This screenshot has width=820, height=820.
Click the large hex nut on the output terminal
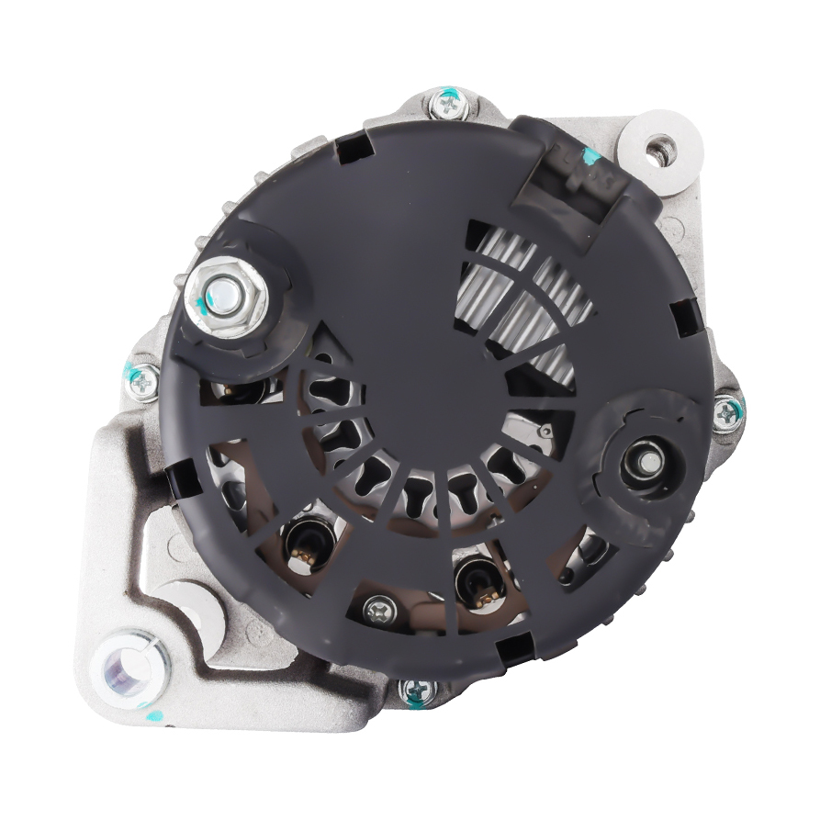[225, 295]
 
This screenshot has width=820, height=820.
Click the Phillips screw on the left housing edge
[143, 382]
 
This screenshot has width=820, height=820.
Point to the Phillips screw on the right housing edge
[727, 413]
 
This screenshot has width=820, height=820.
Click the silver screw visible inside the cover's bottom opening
[379, 609]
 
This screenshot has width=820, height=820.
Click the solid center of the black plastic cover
[413, 303]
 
